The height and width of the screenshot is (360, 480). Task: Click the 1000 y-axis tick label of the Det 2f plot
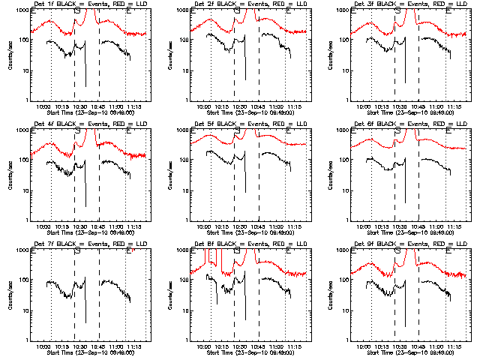tap(178, 11)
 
